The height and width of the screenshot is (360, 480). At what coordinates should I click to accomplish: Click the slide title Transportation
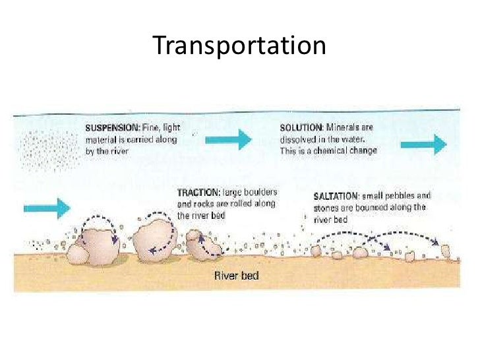pyautogui.click(x=239, y=46)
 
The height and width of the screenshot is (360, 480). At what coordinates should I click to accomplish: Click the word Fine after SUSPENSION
pyautogui.click(x=149, y=127)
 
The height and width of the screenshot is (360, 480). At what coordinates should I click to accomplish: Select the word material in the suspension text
pyautogui.click(x=99, y=139)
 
